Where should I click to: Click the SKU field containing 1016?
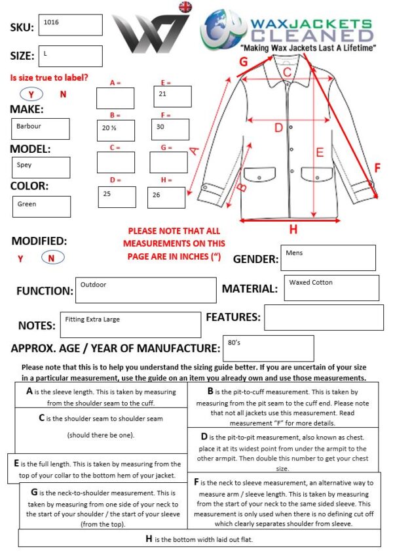(x=70, y=25)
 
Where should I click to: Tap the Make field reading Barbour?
(x=40, y=129)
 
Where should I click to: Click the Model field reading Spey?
(x=40, y=167)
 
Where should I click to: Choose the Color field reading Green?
(x=41, y=207)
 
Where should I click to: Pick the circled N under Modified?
(x=52, y=258)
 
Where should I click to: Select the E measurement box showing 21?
(x=172, y=96)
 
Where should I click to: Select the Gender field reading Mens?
(x=328, y=258)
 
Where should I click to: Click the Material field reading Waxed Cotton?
(x=332, y=288)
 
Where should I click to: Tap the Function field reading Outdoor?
(x=146, y=290)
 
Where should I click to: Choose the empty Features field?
(x=323, y=318)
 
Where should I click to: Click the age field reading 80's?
(x=268, y=348)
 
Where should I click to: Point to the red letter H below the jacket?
(x=293, y=230)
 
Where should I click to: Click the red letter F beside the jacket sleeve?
(x=377, y=169)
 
